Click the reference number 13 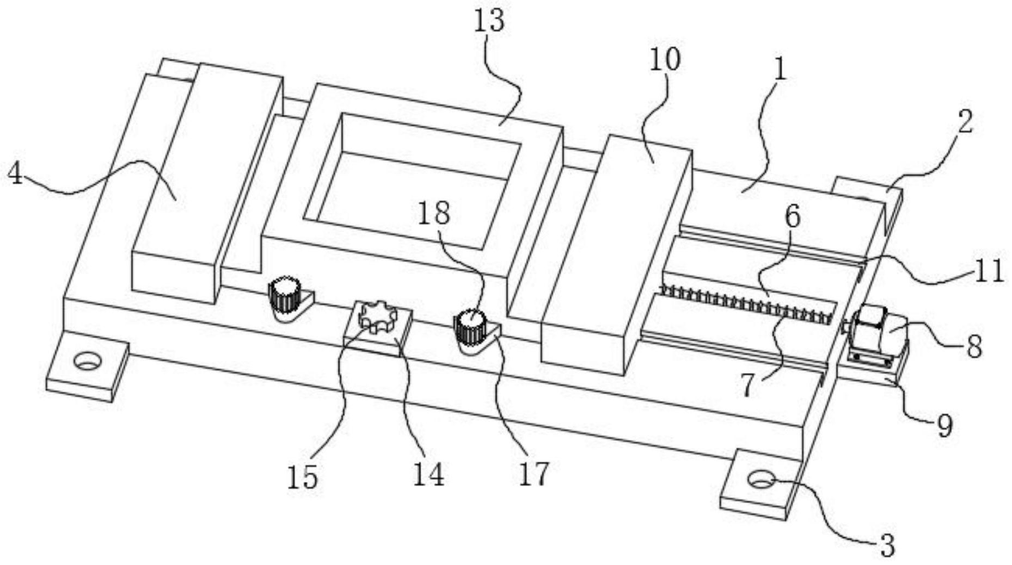(489, 22)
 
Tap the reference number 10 (665, 59)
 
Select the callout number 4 (15, 174)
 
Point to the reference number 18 (434, 213)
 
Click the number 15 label (303, 477)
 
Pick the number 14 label (428, 474)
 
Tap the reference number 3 (887, 545)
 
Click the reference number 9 (944, 425)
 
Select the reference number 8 (974, 346)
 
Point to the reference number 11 (989, 270)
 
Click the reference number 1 (780, 70)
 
